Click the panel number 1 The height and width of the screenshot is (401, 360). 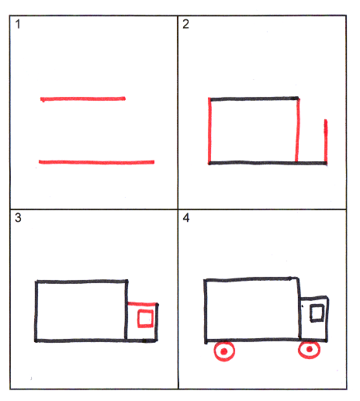click(18, 24)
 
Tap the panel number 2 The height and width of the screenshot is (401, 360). click(185, 24)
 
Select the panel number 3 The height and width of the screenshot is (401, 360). click(18, 218)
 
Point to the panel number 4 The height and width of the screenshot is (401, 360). click(186, 218)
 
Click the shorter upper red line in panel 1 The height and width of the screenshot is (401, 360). click(83, 99)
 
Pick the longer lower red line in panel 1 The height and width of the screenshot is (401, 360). click(96, 162)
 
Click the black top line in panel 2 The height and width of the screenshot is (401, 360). click(254, 99)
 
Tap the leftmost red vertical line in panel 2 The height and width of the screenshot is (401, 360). click(209, 131)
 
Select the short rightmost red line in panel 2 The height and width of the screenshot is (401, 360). click(326, 141)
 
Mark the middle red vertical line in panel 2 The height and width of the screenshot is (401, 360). click(298, 130)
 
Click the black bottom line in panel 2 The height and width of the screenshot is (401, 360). click(268, 163)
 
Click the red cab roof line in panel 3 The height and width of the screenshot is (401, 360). click(142, 304)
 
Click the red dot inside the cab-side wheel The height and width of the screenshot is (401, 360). click(310, 349)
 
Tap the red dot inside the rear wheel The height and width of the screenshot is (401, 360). click(224, 351)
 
